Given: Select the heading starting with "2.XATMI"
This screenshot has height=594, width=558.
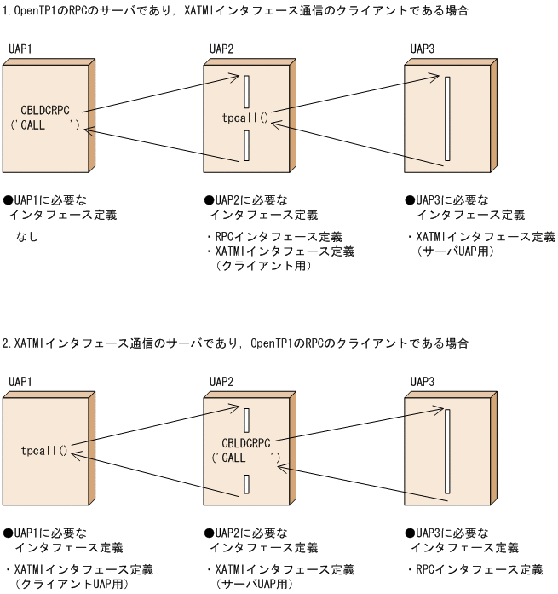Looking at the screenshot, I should pos(235,343).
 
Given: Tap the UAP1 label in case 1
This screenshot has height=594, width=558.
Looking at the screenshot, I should pos(20,49).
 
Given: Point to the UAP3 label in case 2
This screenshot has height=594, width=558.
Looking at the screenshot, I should pos(422,381).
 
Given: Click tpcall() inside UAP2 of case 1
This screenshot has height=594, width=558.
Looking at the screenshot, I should pos(244,118).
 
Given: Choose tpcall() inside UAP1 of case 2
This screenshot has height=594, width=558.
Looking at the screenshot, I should pos(44,449).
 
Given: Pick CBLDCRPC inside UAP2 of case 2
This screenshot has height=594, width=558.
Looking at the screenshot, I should pos(246,443).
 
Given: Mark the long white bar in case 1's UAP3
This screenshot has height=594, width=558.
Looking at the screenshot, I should pos(446,119).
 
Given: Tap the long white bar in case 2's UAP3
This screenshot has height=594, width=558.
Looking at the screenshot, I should pos(446,451).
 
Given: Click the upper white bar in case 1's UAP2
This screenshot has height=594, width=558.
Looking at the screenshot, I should pos(246,92).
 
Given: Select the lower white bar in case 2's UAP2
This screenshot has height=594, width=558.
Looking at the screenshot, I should pos(246,485).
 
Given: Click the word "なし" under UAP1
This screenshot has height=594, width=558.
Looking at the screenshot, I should pos(27,237).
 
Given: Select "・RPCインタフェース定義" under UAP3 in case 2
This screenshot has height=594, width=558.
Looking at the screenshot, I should pos(474,569).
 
